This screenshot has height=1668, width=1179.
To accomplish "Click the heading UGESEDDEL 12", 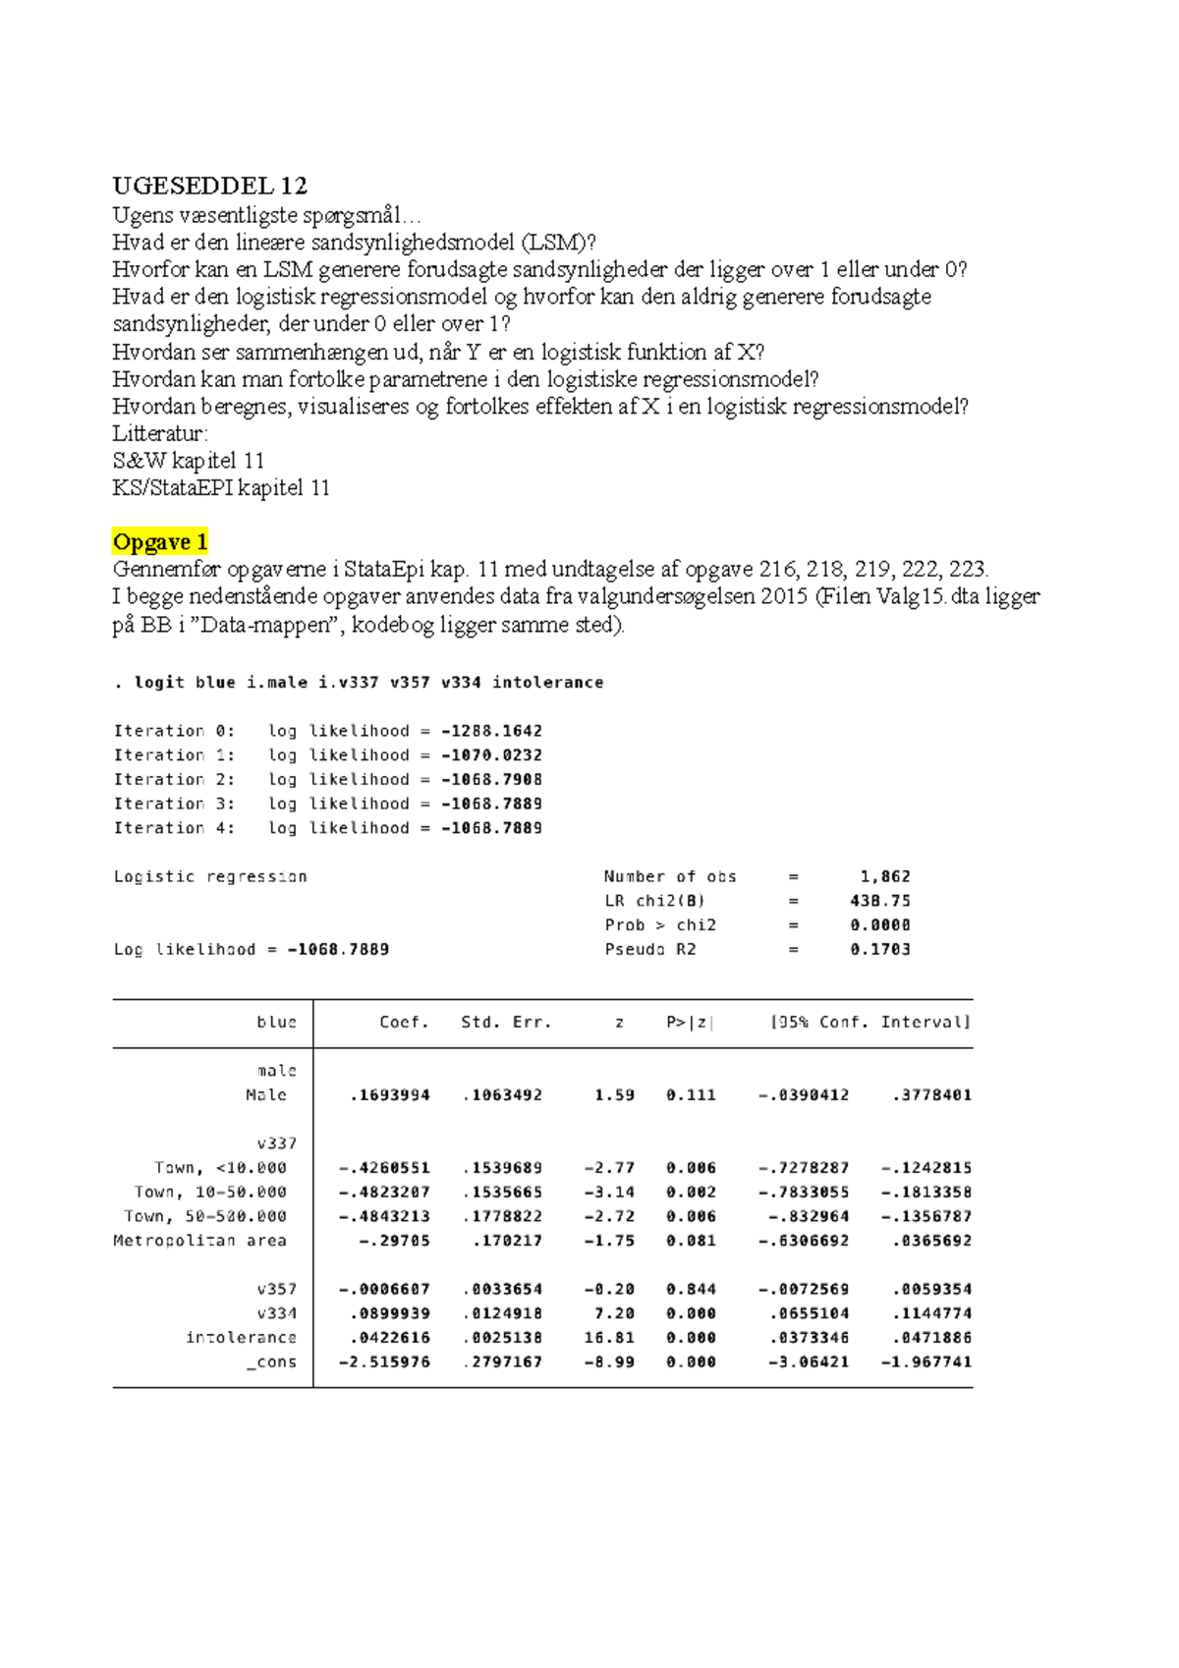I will tap(209, 186).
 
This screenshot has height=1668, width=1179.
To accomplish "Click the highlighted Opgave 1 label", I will tap(160, 542).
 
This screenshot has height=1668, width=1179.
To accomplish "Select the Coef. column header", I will tap(404, 1023).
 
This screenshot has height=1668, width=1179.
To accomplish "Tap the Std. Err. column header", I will tap(506, 1023).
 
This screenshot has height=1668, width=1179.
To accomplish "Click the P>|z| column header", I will tap(690, 1023).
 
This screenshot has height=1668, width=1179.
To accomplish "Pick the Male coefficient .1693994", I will tap(390, 1095).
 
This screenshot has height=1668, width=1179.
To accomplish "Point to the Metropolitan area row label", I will tap(199, 1241).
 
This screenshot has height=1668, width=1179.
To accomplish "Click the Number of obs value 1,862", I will tap(884, 876).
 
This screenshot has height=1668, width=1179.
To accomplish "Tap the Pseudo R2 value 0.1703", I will tap(880, 950).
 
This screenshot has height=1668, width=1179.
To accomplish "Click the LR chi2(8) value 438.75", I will tap(880, 901).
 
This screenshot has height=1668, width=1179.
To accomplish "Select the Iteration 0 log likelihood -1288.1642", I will tap(491, 731).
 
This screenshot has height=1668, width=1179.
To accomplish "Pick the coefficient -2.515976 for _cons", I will tap(385, 1362).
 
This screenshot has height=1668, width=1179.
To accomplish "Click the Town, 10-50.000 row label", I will tap(210, 1193).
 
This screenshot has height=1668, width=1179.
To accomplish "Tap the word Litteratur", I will tap(159, 434).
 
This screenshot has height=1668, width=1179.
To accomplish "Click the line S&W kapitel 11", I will tap(188, 461).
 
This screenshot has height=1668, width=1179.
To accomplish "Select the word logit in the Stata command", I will tap(159, 683).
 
